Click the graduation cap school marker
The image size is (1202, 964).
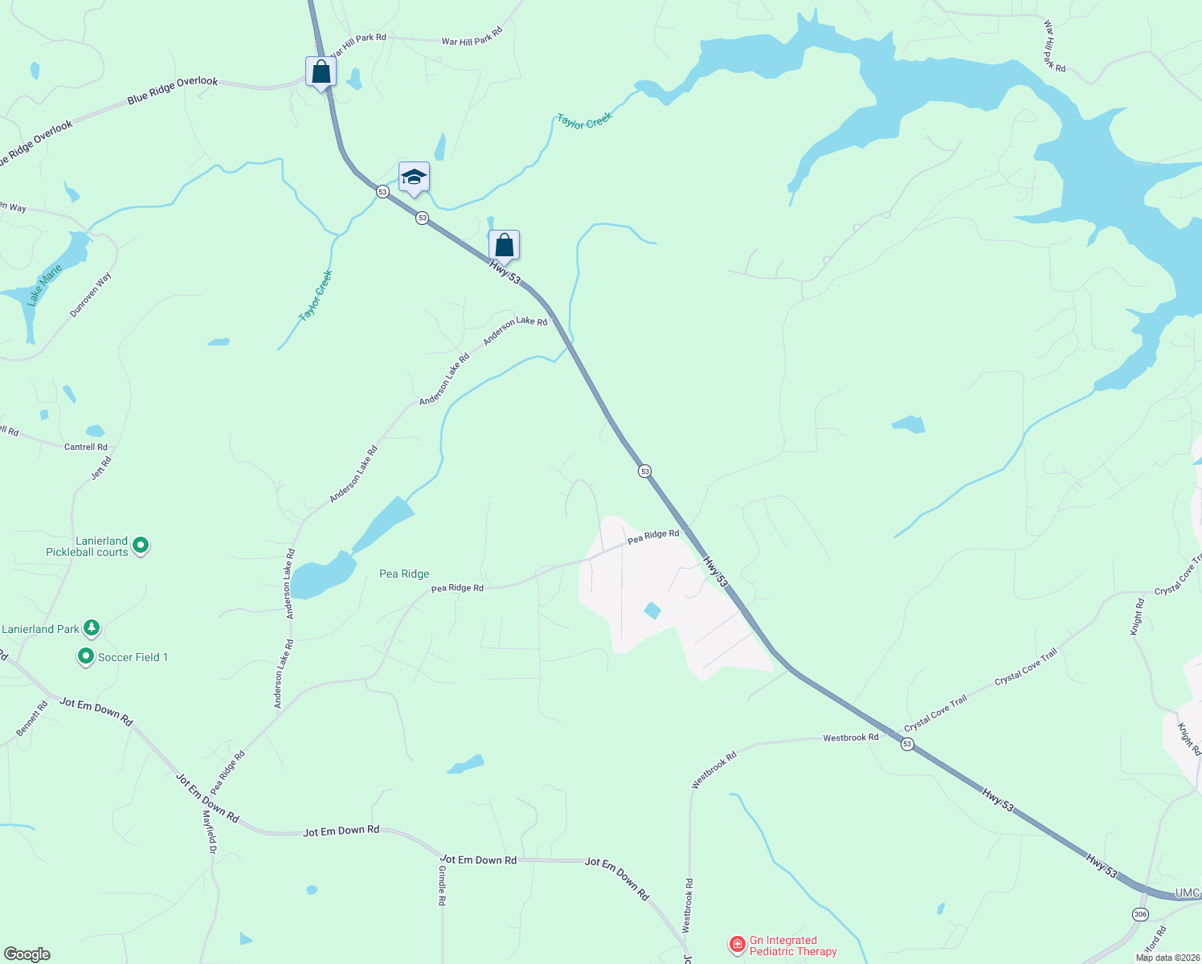point(414,178)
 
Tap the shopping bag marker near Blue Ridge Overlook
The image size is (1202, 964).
point(321,72)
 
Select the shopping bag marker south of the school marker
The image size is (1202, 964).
point(504,245)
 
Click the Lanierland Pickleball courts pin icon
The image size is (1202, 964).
point(141,546)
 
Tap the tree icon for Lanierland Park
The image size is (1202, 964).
point(92,627)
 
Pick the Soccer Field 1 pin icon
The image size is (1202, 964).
point(86,657)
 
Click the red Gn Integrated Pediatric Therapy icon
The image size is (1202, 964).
point(737,946)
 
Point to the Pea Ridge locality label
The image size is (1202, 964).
point(404,574)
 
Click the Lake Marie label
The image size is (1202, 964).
point(44,285)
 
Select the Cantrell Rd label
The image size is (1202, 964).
point(86,447)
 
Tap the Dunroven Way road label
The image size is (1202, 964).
point(91,295)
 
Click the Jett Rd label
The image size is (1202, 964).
point(101,468)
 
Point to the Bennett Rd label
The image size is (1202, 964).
point(32,720)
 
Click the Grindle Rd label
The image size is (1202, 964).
point(442,885)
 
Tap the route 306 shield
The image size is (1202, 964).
point(1140,914)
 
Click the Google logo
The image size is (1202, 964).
point(27,954)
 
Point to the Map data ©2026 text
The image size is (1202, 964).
point(1167,958)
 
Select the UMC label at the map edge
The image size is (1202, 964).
point(1187,893)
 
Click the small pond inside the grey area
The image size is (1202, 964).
point(652,611)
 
